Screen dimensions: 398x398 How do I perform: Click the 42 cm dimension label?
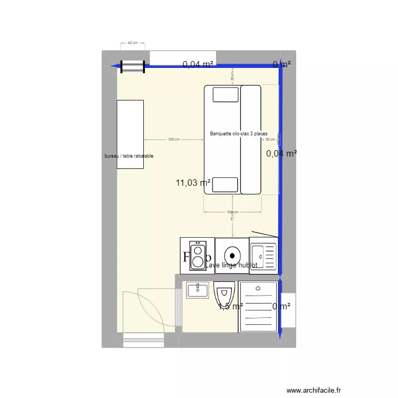[133, 42]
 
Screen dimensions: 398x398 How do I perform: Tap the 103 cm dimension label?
[174, 140]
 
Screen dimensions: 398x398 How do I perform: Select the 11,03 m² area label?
[193, 183]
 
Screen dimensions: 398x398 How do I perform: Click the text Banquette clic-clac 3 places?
[239, 134]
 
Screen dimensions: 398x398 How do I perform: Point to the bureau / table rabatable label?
[129, 156]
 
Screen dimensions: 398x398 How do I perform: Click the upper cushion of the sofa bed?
[226, 94]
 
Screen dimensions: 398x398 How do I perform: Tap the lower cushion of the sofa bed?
[226, 184]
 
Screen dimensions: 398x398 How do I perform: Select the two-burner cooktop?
[197, 255]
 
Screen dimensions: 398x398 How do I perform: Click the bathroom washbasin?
[197, 290]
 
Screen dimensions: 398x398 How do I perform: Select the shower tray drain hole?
[258, 289]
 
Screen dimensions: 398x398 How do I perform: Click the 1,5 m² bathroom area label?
[230, 306]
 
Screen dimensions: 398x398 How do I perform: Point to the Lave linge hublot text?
[231, 265]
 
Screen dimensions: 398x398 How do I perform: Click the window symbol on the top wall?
[133, 67]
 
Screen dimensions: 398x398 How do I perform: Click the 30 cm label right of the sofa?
[271, 140]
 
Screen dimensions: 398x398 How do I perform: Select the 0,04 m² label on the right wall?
[281, 153]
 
